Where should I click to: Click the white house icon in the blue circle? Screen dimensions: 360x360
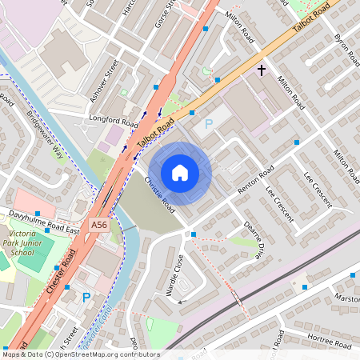pyautogui.click(x=180, y=173)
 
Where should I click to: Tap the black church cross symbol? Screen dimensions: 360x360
pyautogui.click(x=261, y=71)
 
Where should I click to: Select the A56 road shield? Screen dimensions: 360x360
pyautogui.click(x=99, y=226)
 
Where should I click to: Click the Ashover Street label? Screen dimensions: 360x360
pyautogui.click(x=105, y=80)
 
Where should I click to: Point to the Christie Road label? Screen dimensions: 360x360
pyautogui.click(x=159, y=194)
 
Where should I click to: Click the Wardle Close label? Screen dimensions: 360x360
pyautogui.click(x=174, y=276)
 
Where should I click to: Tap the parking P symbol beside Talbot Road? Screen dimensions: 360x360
pyautogui.click(x=209, y=124)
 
